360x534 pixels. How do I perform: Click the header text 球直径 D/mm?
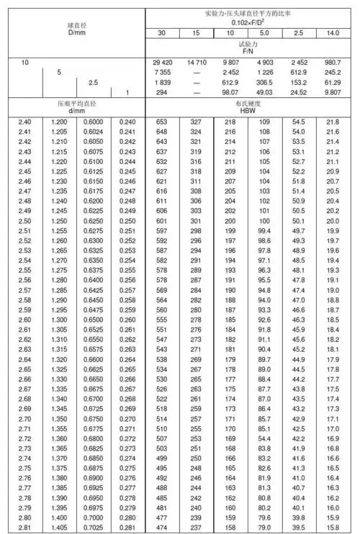74,30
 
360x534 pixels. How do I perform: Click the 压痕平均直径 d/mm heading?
73,107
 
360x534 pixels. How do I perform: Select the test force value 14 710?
196,63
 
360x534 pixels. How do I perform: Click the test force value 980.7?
333,63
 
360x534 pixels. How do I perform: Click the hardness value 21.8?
333,123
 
